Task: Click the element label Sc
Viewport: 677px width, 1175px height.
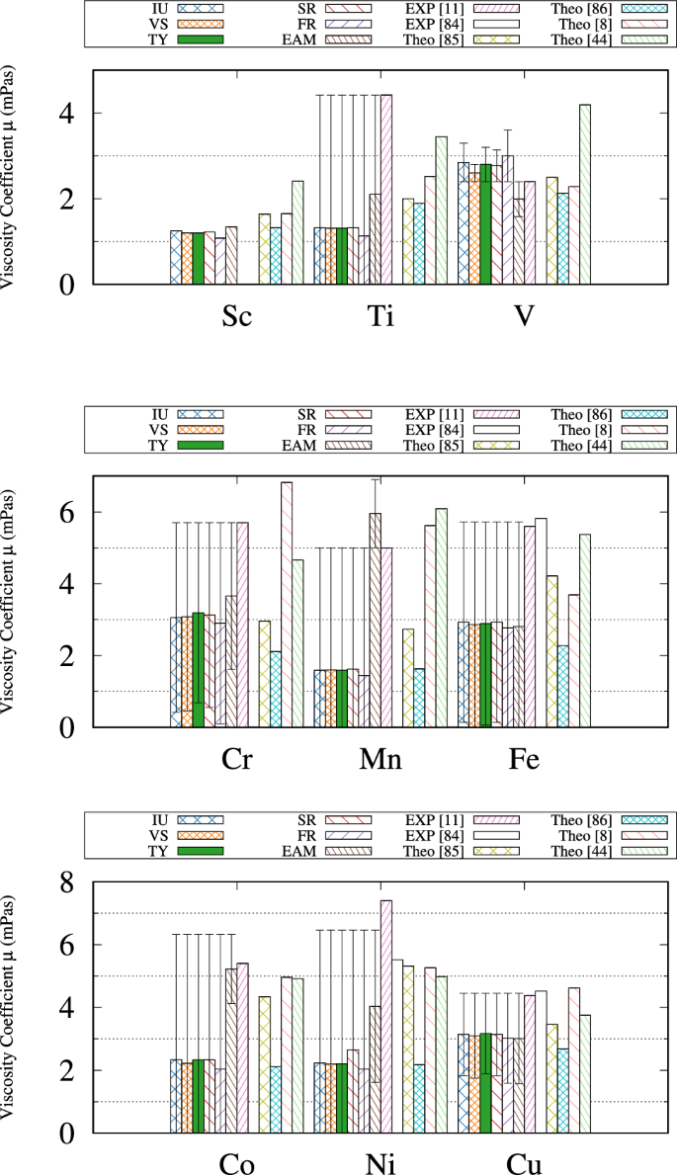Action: (x=236, y=317)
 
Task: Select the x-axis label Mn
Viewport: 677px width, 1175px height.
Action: (x=380, y=760)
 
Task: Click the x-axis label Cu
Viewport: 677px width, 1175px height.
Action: (x=524, y=1162)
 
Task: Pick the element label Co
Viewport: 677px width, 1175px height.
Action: (x=236, y=1162)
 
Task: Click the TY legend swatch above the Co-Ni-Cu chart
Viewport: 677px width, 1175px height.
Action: (x=201, y=850)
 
